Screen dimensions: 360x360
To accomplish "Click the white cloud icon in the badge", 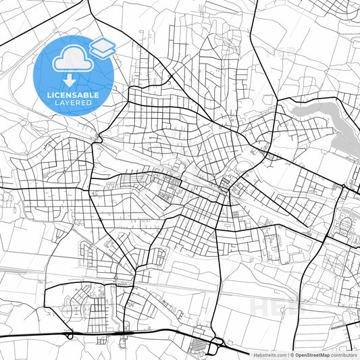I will click(x=73, y=61).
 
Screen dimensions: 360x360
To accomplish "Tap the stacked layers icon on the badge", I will click(x=103, y=48).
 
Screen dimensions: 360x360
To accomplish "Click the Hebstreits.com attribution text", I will click(x=270, y=354).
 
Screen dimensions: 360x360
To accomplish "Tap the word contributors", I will click(x=344, y=354).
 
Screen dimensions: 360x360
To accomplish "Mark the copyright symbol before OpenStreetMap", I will click(x=292, y=354).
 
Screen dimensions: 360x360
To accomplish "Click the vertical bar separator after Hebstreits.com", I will click(x=288, y=354).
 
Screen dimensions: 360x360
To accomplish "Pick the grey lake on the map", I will click(x=313, y=111).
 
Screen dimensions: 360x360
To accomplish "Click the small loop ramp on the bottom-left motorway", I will click(x=70, y=335).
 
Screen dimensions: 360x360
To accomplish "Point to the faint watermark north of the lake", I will click(x=280, y=52).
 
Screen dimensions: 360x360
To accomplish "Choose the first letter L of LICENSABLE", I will click(x=49, y=95).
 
